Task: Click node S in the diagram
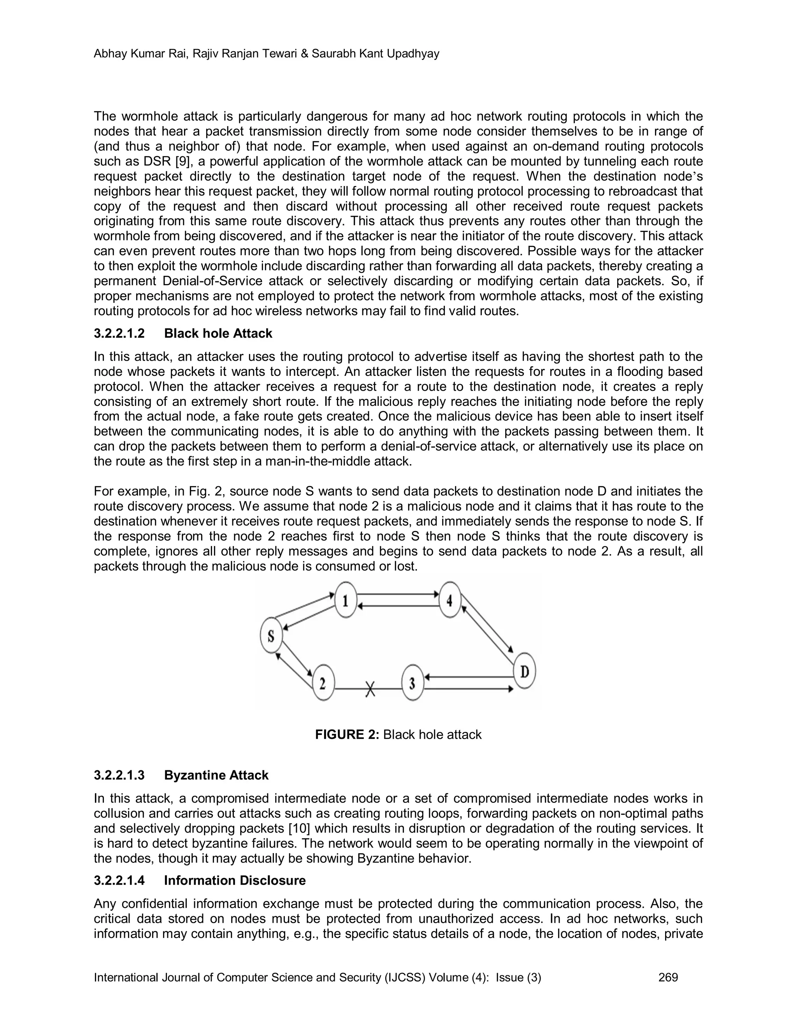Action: coord(271,635)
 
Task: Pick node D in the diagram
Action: coord(524,671)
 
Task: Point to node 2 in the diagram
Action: coord(323,683)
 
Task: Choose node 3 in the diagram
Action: coord(412,683)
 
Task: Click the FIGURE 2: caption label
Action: coord(347,735)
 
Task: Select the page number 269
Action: coord(668,977)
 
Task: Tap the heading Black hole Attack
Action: coord(218,333)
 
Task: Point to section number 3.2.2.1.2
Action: coord(119,333)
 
